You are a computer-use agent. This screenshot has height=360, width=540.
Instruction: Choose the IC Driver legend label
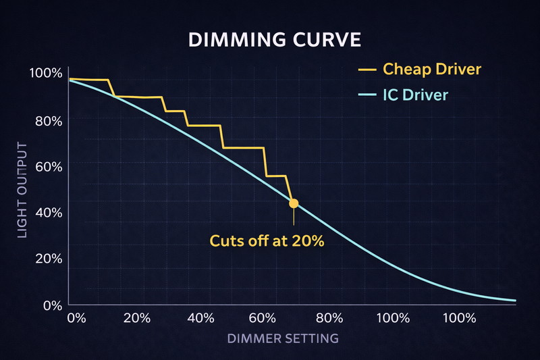tap(415, 95)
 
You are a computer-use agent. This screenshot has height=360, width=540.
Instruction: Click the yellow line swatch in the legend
tap(368, 69)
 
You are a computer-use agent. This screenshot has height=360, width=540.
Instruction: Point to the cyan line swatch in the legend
tap(368, 95)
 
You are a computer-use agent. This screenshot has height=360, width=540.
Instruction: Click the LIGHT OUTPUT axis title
tap(22, 190)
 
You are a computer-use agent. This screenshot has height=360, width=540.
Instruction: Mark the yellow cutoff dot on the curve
tap(294, 203)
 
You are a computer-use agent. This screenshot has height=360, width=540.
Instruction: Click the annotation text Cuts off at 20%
tap(267, 240)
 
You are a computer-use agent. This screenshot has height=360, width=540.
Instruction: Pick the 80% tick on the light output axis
tap(48, 120)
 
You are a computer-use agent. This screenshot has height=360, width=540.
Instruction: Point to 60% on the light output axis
tap(48, 166)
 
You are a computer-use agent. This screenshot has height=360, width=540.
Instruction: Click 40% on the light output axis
tap(48, 213)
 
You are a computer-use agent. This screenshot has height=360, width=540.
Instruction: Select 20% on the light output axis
tap(48, 259)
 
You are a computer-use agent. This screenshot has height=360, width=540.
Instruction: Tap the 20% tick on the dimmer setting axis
tap(137, 318)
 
